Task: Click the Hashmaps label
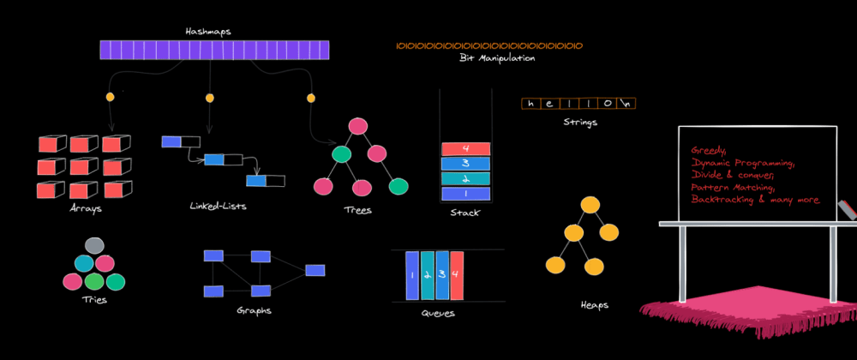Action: click(x=208, y=32)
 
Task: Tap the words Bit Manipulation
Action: click(x=497, y=58)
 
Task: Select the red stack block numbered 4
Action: click(x=465, y=149)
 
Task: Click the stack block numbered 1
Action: click(x=465, y=193)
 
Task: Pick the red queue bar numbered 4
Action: click(x=457, y=275)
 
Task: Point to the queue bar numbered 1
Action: click(x=412, y=275)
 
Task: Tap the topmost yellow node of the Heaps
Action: click(x=589, y=206)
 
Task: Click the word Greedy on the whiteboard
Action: click(x=708, y=148)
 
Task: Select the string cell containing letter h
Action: click(x=531, y=105)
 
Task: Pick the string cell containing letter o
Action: click(x=607, y=105)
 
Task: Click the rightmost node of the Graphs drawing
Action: click(x=315, y=270)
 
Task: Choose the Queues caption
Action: click(x=437, y=314)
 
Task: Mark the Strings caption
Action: click(x=580, y=122)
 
